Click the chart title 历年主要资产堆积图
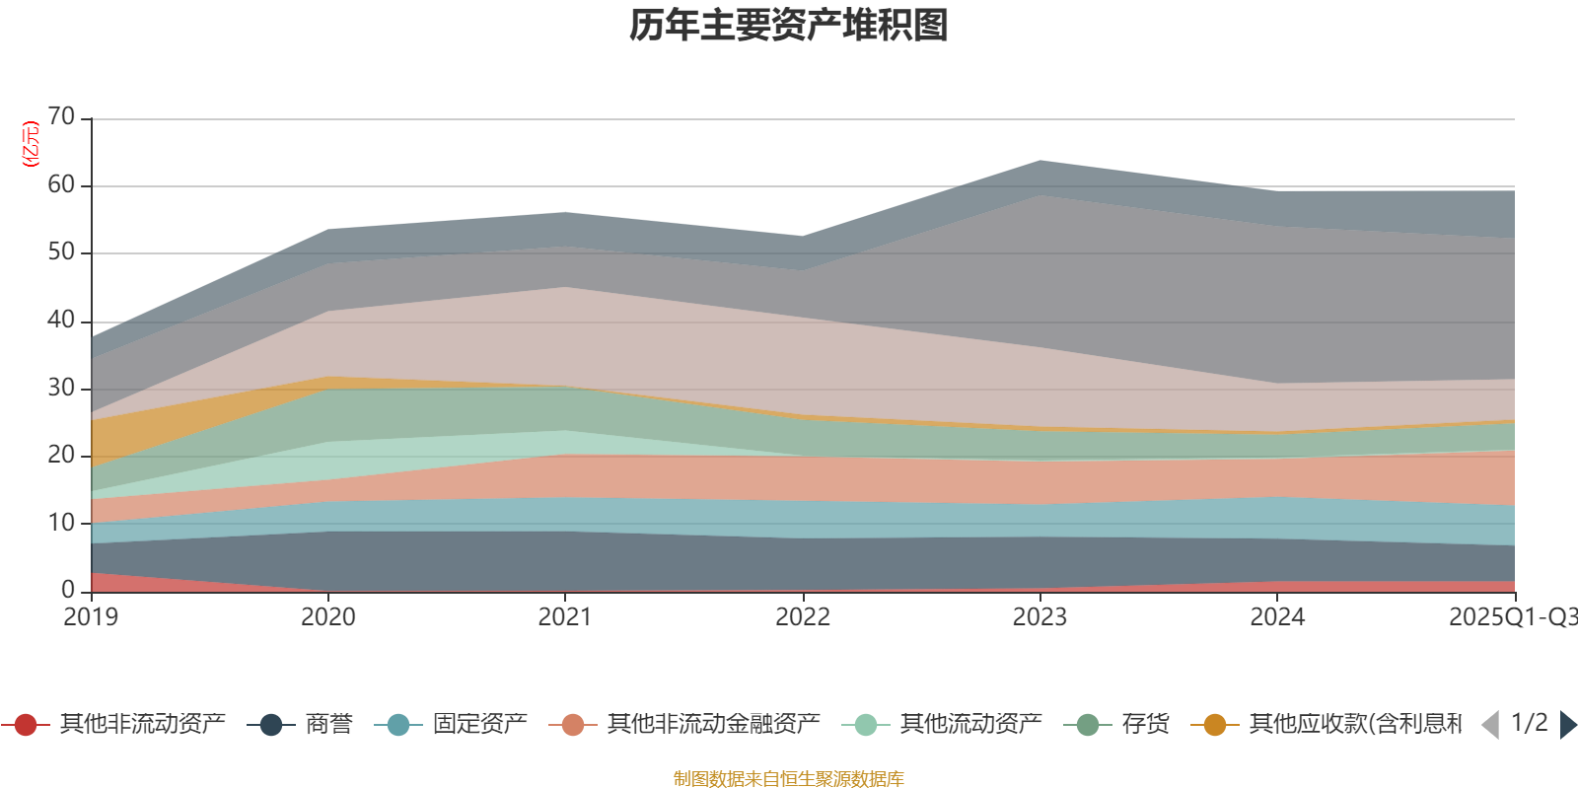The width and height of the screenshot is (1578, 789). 789,26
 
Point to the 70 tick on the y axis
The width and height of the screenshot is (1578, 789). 61,117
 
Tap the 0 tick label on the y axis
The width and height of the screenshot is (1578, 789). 68,590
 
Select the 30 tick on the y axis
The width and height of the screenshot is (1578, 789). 61,388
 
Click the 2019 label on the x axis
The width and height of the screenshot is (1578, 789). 91,617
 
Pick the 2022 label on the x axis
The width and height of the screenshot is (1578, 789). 803,617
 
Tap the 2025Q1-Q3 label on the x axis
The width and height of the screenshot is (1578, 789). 1512,617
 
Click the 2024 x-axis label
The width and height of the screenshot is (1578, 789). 1277,617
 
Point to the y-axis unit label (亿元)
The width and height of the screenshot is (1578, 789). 31,144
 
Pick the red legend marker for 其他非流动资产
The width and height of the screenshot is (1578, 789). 26,725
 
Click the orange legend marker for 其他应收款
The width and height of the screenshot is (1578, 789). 1215,725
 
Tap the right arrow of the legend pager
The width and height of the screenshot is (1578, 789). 1568,725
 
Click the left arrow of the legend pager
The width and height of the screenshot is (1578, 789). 1490,725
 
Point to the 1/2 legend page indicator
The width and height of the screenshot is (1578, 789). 1529,723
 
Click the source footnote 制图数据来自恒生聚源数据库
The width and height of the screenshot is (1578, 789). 789,779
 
